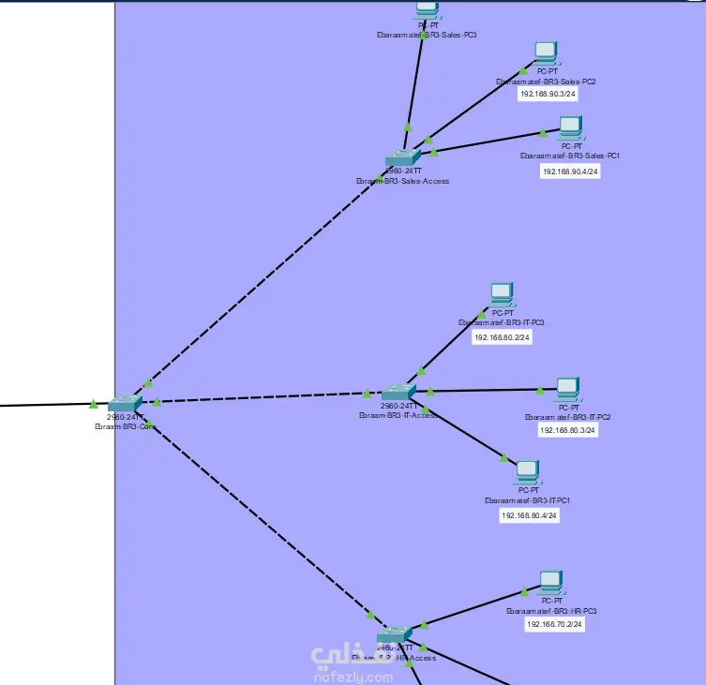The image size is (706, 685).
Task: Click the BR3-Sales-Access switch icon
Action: (405, 158)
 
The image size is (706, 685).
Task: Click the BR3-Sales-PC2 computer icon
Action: (546, 52)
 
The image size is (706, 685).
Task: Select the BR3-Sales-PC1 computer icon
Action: (570, 127)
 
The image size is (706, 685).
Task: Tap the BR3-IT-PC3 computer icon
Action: (502, 295)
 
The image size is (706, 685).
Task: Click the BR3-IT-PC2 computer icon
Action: (567, 389)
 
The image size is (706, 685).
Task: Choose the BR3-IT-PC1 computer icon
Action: (528, 470)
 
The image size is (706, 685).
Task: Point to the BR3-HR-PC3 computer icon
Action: (550, 583)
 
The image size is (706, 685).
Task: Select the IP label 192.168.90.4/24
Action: (570, 171)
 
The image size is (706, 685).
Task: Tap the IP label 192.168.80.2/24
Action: (502, 336)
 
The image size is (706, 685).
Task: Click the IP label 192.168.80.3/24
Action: (567, 430)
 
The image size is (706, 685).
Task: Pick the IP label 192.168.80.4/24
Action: (529, 514)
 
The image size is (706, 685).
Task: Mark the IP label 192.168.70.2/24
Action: (555, 623)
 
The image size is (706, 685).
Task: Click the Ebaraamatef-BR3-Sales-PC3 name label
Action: (428, 35)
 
